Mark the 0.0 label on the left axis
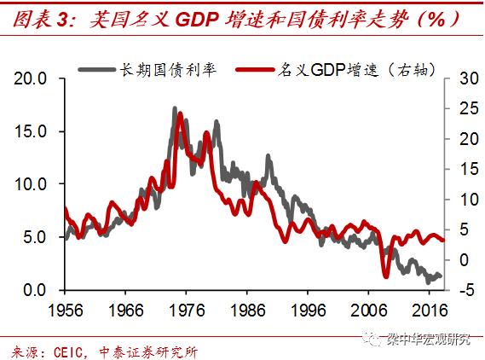(x=39, y=291)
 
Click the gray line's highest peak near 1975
(x=174, y=108)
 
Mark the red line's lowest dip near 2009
(x=385, y=275)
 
